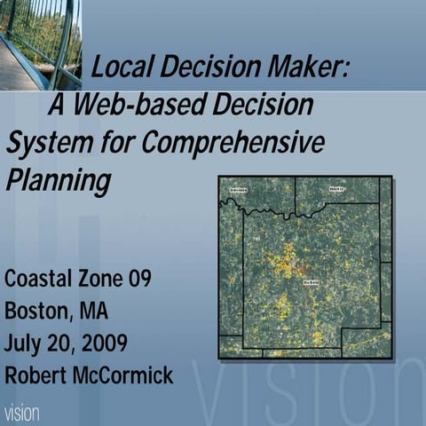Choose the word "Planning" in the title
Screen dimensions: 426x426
59,180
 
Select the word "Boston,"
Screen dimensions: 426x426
37,311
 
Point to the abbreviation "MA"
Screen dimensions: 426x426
94,311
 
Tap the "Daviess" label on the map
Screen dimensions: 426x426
238,190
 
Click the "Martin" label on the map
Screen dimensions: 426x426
336,189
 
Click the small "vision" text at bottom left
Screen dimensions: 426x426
20,414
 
